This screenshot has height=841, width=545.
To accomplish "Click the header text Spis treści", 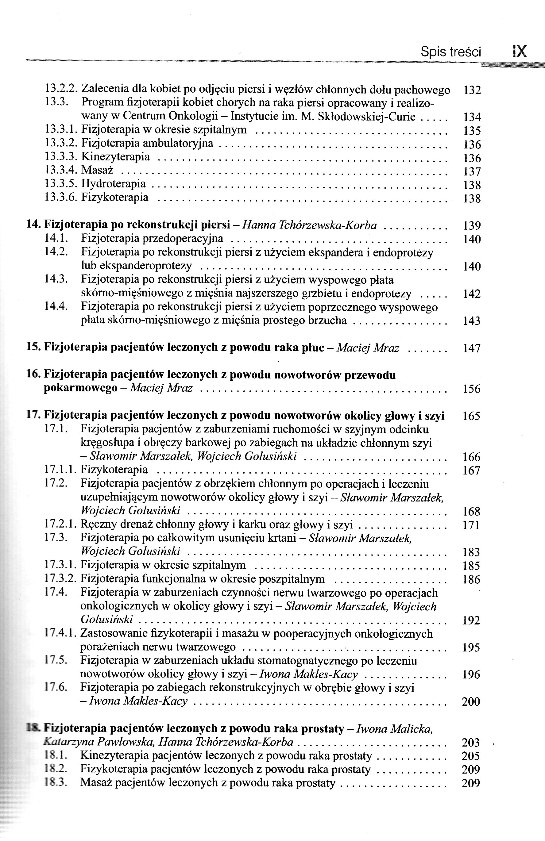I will click(450, 52).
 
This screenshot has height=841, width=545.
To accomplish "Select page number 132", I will click(472, 90).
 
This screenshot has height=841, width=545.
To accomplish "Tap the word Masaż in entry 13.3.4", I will click(97, 170).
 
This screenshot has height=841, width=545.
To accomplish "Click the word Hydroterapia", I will click(114, 184).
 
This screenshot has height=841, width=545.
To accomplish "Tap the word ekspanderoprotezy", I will click(137, 266).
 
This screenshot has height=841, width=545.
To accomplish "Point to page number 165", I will click(471, 416).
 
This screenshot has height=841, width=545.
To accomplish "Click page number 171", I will click(471, 525).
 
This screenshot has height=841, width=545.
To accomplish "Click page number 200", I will click(471, 701).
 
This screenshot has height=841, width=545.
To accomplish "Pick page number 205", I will click(471, 756).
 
